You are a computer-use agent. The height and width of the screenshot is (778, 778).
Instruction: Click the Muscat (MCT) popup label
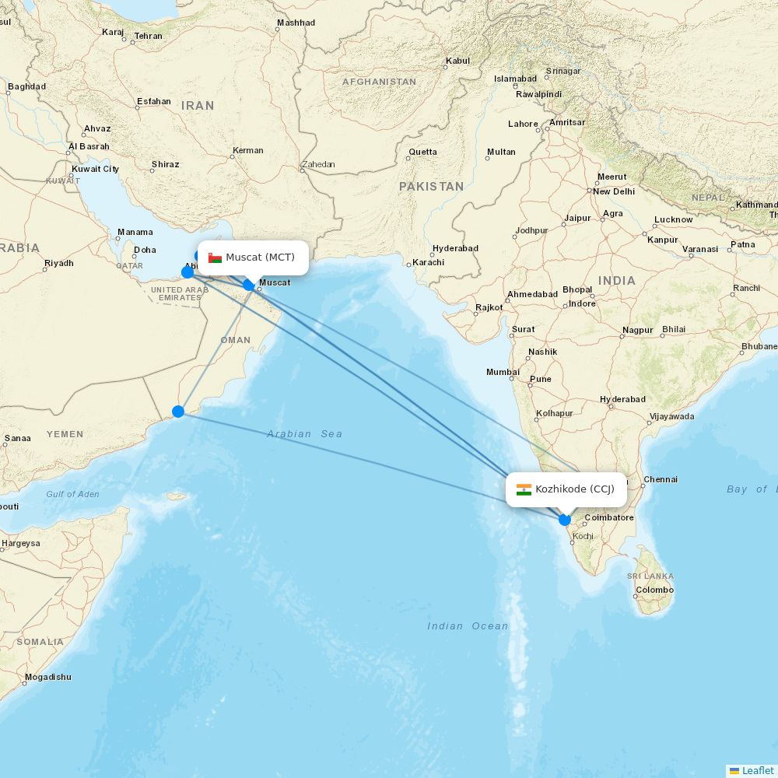[x=260, y=258]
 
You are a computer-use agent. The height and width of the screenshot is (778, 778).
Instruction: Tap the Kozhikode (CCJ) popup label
[x=574, y=489]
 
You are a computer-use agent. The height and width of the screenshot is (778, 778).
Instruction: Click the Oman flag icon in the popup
[x=215, y=258]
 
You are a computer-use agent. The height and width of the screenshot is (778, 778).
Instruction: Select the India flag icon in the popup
[x=524, y=489]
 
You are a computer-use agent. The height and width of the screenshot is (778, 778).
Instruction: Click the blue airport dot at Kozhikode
[x=565, y=520]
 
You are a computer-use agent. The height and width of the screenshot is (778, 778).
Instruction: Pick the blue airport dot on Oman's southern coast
[x=178, y=411]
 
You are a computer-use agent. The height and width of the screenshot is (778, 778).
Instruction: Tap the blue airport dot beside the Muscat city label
[x=248, y=285]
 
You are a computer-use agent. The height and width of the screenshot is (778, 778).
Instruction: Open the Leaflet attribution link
[x=757, y=770]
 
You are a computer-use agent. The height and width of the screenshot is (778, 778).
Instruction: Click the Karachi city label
[x=429, y=262]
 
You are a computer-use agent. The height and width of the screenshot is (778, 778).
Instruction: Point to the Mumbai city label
[x=503, y=372]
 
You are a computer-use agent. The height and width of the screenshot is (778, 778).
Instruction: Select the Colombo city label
[x=654, y=590]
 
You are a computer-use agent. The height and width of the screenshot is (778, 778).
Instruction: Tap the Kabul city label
[x=457, y=61]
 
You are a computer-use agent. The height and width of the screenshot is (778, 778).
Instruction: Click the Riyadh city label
[x=58, y=263]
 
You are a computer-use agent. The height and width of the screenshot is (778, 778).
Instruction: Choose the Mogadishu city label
[x=47, y=677]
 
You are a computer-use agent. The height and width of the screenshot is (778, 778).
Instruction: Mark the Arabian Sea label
[x=304, y=433]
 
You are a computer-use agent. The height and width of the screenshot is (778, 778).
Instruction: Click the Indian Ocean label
[x=468, y=626]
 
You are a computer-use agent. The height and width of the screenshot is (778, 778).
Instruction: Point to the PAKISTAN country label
[x=431, y=187]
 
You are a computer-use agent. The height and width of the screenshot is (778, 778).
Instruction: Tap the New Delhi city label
[x=614, y=191]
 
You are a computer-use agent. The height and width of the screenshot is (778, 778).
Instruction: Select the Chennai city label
[x=661, y=479]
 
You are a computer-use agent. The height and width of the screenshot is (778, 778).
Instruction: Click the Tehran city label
[x=148, y=36]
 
